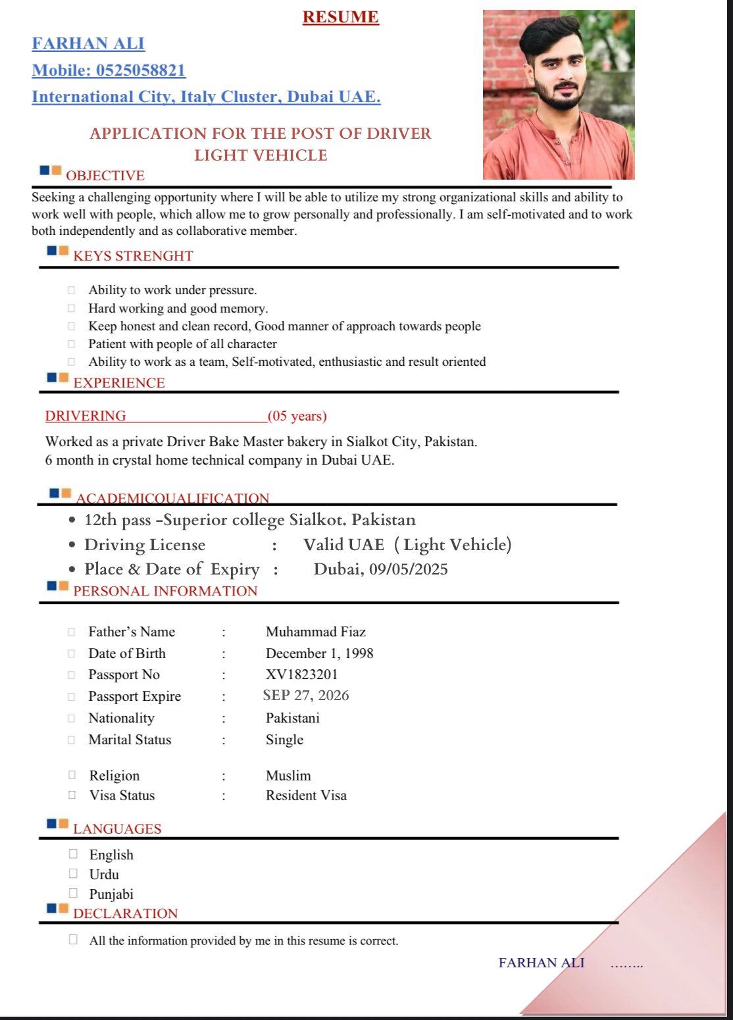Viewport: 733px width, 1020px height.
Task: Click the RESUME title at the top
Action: [x=340, y=17]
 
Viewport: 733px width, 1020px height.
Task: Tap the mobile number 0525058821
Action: [x=141, y=70]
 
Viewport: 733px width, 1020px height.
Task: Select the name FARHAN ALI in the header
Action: [x=88, y=43]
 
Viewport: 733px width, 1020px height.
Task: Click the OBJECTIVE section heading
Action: [x=105, y=176]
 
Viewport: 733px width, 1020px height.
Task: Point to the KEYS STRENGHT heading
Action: [x=133, y=256]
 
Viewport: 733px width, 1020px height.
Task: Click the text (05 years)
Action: [x=297, y=416]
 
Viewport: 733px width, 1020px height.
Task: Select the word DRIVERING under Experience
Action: [x=86, y=416]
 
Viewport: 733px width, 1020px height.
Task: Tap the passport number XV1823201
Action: [x=301, y=675]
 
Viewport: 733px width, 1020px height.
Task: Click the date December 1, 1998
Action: [x=319, y=653]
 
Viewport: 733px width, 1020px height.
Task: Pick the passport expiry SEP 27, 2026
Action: [x=306, y=696]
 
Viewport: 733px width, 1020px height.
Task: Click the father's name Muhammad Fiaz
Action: [x=315, y=632]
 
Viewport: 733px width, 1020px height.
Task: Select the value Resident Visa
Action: [x=306, y=796]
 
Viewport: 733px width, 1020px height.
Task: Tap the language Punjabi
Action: [x=111, y=894]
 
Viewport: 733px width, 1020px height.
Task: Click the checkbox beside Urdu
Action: [x=73, y=874]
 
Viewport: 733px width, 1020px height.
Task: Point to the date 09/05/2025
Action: [x=408, y=569]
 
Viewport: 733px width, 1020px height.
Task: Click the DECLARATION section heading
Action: [x=126, y=913]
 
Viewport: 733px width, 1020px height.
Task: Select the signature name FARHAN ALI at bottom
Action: [x=541, y=963]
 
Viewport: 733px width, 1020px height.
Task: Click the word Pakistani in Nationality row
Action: [x=292, y=718]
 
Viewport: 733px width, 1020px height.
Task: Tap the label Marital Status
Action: [x=130, y=740]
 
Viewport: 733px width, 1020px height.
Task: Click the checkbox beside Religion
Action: [x=72, y=775]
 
